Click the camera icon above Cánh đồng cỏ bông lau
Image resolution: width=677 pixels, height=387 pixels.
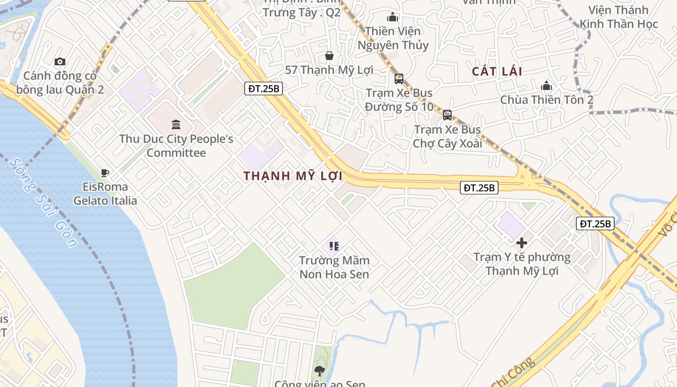pos(60,61)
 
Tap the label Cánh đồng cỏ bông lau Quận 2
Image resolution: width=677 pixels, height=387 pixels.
pos(60,83)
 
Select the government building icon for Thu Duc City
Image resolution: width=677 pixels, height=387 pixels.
pos(176,125)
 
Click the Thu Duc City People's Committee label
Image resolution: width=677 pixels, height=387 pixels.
pos(176,146)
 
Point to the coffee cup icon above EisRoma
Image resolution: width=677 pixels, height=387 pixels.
pos(105,173)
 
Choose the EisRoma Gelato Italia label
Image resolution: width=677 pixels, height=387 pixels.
pos(105,193)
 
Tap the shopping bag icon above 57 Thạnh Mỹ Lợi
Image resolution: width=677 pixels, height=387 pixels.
pos(329,56)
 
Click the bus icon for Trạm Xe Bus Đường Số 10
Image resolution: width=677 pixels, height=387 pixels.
pos(399,78)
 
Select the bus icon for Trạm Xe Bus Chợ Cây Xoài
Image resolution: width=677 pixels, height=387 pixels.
pos(447,115)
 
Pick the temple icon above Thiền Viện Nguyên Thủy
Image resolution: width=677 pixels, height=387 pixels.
pos(393,17)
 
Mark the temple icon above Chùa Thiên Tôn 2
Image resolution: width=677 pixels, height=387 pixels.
pos(546,86)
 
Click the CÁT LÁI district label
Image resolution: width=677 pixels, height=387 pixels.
pos(497,72)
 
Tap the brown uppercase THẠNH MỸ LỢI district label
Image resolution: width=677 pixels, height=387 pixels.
pos(293,176)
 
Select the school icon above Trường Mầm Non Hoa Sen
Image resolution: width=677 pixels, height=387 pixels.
pos(334,246)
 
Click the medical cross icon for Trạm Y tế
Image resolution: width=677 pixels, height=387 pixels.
pos(522,243)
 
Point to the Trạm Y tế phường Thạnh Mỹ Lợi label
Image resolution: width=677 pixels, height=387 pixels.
pos(522,264)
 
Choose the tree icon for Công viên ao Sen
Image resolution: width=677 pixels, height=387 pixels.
pos(319,371)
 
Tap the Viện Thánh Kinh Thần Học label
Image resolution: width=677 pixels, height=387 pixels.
pos(618,17)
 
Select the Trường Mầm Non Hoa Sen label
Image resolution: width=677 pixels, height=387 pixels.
pos(334,268)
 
